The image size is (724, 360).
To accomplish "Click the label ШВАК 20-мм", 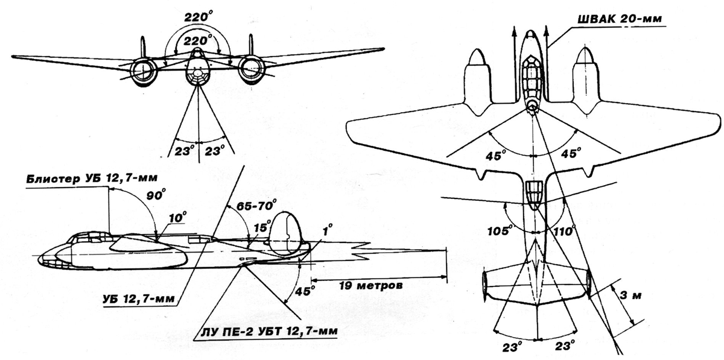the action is coord(619,19).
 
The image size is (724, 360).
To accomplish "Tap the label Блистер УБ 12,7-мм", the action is coord(92,178).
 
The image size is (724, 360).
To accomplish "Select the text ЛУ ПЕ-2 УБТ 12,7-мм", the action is coord(269,331).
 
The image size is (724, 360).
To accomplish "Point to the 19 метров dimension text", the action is coord(371,286).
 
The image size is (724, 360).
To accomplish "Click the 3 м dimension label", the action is coord(630,295).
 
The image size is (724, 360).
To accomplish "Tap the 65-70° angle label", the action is coord(256,205).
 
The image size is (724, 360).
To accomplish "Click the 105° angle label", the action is coord(500,230).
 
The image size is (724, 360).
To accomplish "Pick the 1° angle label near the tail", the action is coord(327,230).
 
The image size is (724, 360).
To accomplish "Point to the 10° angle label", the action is coord(177,218).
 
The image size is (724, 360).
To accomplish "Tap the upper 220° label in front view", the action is coord(198,16).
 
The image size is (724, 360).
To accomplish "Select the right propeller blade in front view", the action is coord(251,45).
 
